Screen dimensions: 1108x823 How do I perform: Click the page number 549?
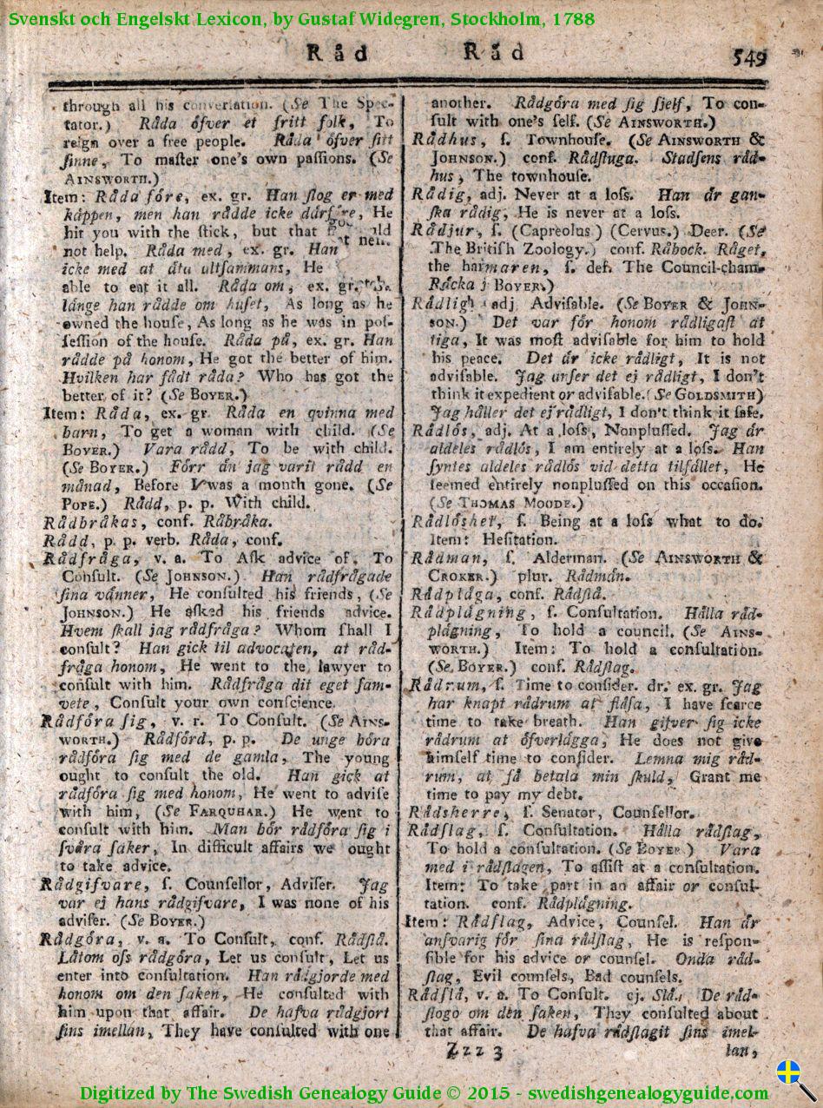point(749,57)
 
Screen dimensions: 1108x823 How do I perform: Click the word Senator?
point(569,813)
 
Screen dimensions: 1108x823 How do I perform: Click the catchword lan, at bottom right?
point(738,1051)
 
